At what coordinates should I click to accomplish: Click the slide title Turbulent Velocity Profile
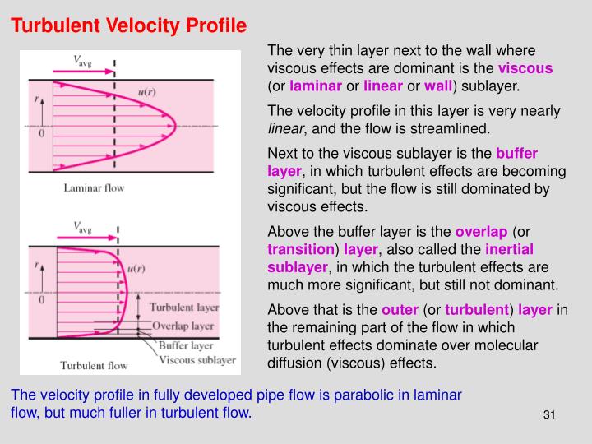pyautogui.click(x=128, y=25)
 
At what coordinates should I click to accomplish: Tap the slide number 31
pyautogui.click(x=550, y=414)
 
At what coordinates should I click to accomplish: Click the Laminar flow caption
pyautogui.click(x=94, y=188)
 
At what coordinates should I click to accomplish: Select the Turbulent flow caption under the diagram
pyautogui.click(x=94, y=365)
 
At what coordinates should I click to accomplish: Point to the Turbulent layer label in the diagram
pyautogui.click(x=184, y=307)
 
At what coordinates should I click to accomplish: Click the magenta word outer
pyautogui.click(x=400, y=309)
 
